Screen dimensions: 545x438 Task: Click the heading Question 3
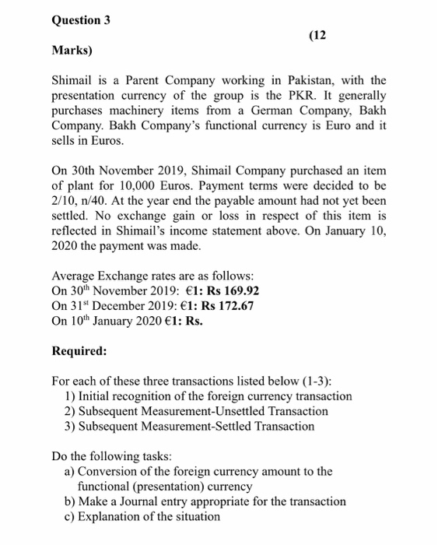(x=81, y=20)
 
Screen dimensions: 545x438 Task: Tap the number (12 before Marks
(x=318, y=35)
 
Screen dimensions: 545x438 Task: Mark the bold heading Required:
(x=79, y=350)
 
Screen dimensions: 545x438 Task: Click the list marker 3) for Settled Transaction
(x=70, y=426)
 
